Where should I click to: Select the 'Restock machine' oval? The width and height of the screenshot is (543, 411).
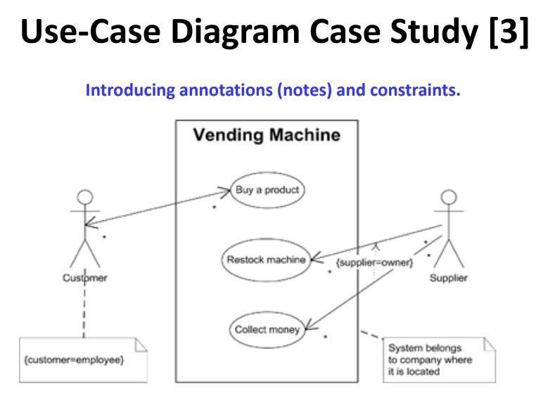tap(264, 260)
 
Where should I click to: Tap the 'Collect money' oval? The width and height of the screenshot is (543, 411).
tap(267, 328)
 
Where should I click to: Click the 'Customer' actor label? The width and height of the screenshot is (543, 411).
tap(84, 277)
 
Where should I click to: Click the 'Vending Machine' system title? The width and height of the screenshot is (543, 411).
tap(267, 134)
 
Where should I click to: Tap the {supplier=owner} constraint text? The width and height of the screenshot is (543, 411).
tap(373, 263)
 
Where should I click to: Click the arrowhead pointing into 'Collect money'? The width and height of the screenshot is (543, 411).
tap(309, 327)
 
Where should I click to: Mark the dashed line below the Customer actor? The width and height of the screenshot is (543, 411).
tap(84, 310)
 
